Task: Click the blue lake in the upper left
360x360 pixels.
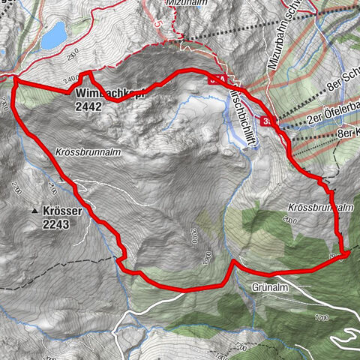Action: tap(52, 35)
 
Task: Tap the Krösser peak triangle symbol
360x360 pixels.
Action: tap(34, 212)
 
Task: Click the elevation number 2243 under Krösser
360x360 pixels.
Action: tap(56, 223)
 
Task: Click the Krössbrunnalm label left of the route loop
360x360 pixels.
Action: tap(88, 151)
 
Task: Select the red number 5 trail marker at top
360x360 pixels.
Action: tap(157, 23)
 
